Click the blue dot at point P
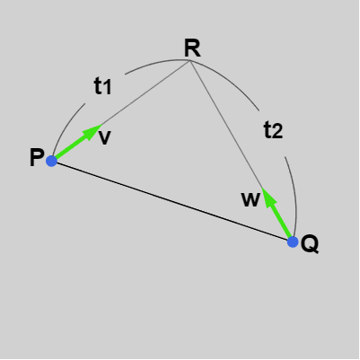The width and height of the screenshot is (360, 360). (51, 161)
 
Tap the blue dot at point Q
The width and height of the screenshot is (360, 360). (293, 241)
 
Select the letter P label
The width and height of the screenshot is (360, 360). (37, 157)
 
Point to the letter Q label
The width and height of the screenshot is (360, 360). (310, 244)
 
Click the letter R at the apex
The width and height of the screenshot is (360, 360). (192, 48)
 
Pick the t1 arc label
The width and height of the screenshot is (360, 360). (102, 86)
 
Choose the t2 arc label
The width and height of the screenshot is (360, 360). (273, 130)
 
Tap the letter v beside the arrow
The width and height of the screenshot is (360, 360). (105, 138)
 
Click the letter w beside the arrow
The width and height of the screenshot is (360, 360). (250, 199)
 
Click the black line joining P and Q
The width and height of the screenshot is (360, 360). (172, 201)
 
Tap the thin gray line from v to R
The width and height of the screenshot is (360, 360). (145, 92)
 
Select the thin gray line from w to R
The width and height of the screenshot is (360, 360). (226, 125)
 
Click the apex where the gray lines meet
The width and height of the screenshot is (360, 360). (190, 61)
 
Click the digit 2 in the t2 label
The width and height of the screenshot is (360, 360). (277, 132)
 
